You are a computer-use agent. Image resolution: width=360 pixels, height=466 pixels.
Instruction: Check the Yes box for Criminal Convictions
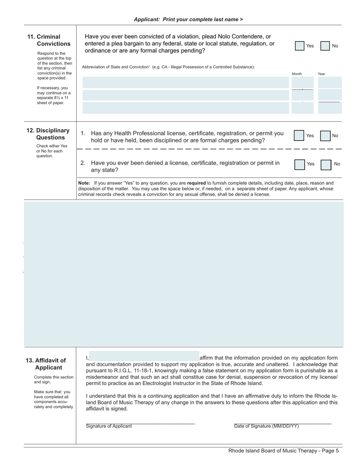pyautogui.click(x=300, y=46)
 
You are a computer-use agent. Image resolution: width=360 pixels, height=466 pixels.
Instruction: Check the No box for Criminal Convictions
pyautogui.click(x=325, y=46)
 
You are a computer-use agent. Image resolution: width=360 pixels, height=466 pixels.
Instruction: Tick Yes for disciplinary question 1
pyautogui.click(x=299, y=135)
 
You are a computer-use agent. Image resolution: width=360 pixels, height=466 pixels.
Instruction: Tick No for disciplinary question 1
pyautogui.click(x=325, y=135)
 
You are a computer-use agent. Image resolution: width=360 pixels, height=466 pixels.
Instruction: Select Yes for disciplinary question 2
pyautogui.click(x=299, y=164)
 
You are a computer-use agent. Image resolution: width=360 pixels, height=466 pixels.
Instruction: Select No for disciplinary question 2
pyautogui.click(x=326, y=164)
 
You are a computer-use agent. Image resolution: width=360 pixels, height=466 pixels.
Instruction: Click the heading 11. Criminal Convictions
pyautogui.click(x=49, y=40)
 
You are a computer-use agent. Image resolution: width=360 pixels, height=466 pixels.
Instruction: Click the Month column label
pyautogui.click(x=297, y=74)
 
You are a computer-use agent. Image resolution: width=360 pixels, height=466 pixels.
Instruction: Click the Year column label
pyautogui.click(x=321, y=74)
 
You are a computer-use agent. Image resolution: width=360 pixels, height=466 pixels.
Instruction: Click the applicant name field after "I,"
pyautogui.click(x=144, y=356)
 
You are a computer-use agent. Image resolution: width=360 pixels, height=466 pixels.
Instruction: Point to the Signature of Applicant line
pyautogui.click(x=140, y=422)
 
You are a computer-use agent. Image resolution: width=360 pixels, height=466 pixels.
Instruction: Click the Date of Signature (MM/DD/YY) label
pyautogui.click(x=266, y=426)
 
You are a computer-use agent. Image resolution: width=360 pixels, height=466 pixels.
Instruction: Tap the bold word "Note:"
pyautogui.click(x=84, y=183)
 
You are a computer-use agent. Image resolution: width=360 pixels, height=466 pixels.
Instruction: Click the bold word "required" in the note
pyautogui.click(x=196, y=183)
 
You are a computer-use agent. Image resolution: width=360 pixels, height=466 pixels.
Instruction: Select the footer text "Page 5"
pyautogui.click(x=330, y=450)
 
